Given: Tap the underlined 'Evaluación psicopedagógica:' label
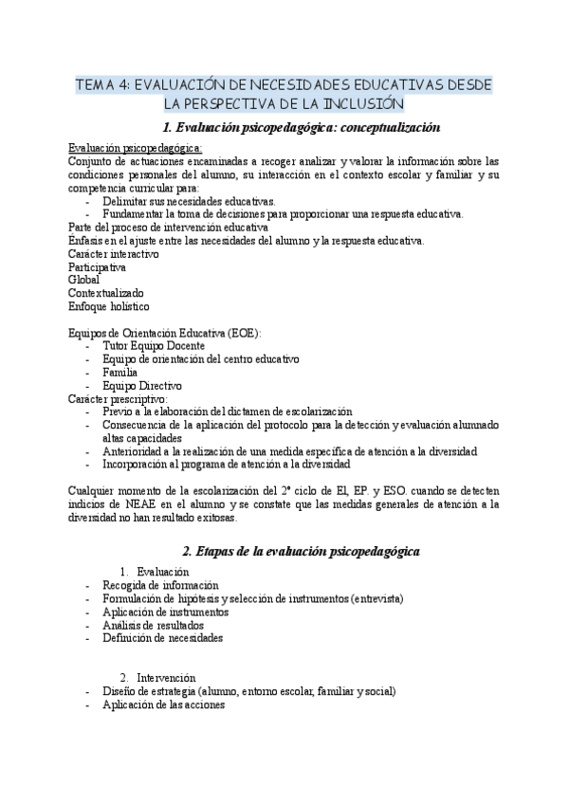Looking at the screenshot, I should (x=135, y=148).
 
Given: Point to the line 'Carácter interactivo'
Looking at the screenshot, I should (x=114, y=254).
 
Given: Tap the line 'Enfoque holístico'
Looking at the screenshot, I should (x=108, y=307).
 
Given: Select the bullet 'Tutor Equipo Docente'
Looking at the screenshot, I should (x=153, y=347).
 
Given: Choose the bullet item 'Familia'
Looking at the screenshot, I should (x=120, y=373).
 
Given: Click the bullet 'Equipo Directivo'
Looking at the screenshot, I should (x=142, y=386).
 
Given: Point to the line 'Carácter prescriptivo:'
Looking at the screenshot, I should (x=118, y=399).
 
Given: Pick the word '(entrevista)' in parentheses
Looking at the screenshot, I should (x=376, y=598).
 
